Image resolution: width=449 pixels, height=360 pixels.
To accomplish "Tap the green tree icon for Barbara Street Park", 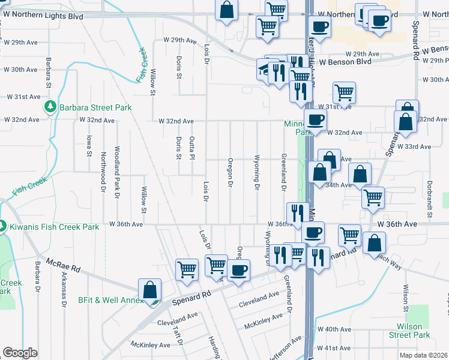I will (50, 107).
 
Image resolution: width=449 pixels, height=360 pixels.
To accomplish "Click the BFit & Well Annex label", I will (108, 300).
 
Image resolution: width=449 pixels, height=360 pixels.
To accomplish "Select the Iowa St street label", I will (89, 146).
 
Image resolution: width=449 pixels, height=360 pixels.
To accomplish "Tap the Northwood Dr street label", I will (103, 167).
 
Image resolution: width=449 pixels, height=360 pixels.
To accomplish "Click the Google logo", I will (20, 353).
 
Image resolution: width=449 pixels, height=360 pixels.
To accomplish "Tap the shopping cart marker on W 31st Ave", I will (344, 93).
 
